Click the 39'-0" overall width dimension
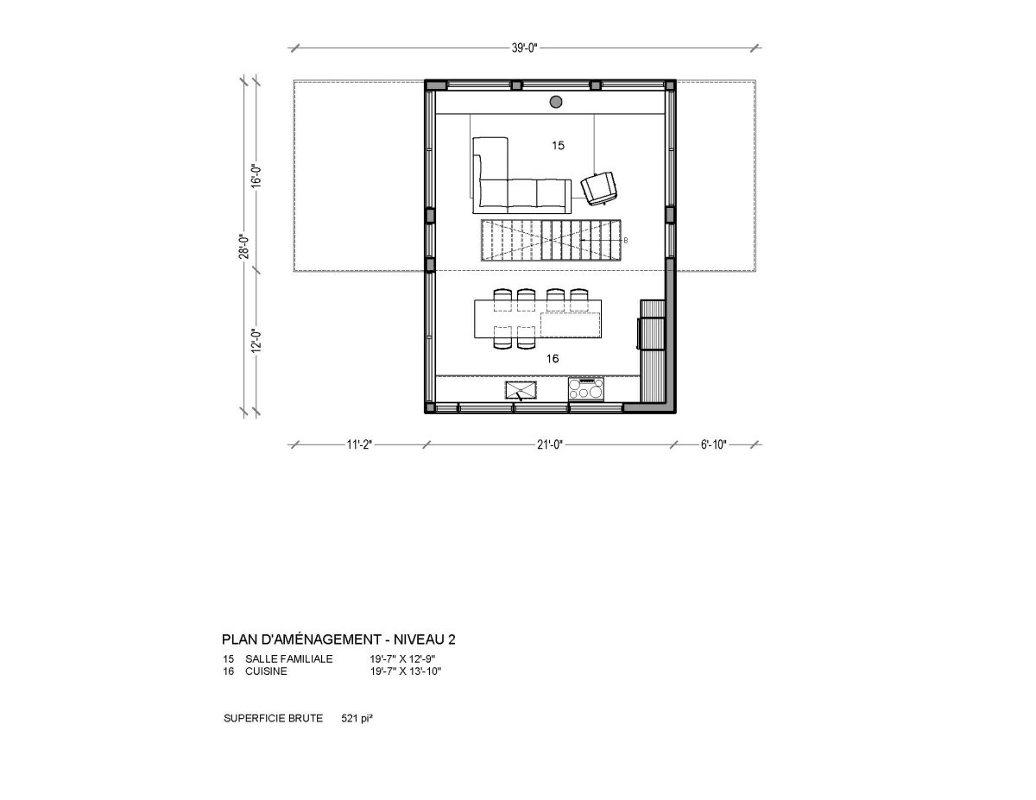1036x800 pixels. coord(524,48)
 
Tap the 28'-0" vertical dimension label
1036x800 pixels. coord(243,246)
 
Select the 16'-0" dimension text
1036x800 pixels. coord(256,176)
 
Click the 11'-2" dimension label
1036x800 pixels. coord(359,444)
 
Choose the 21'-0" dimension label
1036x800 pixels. coord(550,444)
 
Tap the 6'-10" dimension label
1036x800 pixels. coord(713,444)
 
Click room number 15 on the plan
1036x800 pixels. coord(559,146)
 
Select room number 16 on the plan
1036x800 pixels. coord(552,359)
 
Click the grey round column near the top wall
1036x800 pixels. coord(556,102)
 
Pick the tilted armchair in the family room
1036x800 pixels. coord(600,189)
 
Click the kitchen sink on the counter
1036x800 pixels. coord(521,390)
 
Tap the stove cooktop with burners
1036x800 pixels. coord(585,388)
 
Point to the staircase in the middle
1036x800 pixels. coord(551,240)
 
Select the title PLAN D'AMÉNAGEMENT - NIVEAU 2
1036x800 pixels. coord(338,639)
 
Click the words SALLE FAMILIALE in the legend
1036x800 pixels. coord(289,659)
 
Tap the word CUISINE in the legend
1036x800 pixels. coord(266,671)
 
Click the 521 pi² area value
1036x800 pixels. coord(357,718)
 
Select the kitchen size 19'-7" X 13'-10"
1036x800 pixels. coord(406,671)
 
